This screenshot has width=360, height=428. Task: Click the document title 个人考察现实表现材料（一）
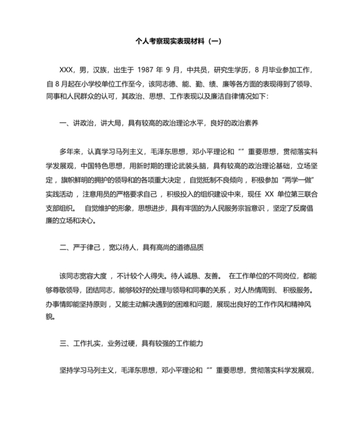coord(179,41)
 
